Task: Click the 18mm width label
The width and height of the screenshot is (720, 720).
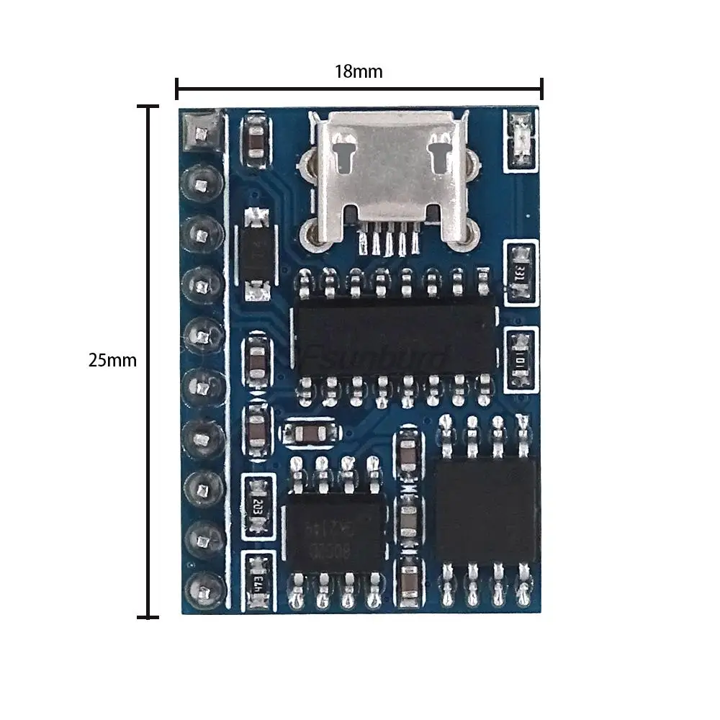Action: click(x=358, y=71)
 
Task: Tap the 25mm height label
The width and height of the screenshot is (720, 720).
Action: click(x=112, y=360)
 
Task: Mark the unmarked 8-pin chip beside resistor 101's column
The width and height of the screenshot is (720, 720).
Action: click(x=487, y=511)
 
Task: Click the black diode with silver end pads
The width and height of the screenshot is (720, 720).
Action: click(x=256, y=254)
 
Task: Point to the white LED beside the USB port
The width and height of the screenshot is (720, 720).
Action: click(x=520, y=140)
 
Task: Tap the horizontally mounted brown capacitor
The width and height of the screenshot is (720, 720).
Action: click(x=310, y=433)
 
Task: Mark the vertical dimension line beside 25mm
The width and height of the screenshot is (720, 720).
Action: click(x=148, y=360)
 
